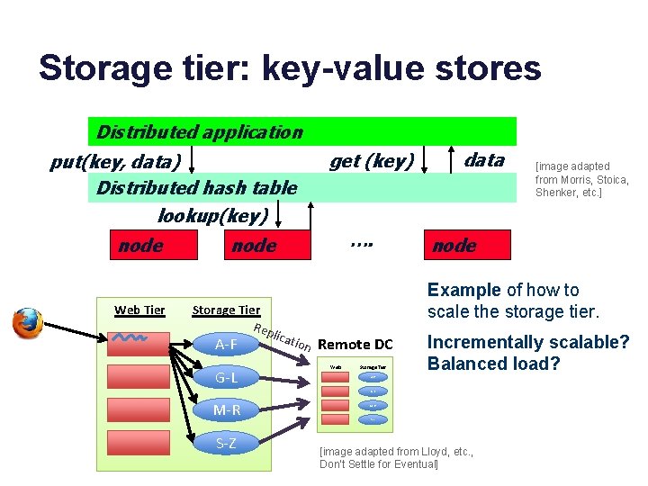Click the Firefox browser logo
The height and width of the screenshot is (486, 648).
pos(27,323)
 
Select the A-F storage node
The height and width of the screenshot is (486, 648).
pos(226,344)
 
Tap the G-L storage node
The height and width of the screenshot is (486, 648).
pos(226,377)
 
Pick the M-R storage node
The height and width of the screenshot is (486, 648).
pos(226,410)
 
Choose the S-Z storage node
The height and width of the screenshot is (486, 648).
pos(226,443)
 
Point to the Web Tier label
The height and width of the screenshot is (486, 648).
pos(139,310)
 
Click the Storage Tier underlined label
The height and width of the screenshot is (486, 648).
pos(226,310)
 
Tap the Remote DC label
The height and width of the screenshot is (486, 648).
pos(355,344)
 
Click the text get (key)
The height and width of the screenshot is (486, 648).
pos(372,161)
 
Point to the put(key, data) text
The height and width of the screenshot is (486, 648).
pos(115,163)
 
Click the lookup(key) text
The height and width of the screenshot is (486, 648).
pos(213,215)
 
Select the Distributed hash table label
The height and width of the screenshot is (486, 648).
pos(196,188)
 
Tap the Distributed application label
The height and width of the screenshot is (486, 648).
pos(199,132)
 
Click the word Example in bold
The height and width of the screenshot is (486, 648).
pos(463,290)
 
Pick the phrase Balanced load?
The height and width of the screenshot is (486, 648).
pos(494,364)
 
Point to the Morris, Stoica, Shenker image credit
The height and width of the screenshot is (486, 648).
pos(581,179)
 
